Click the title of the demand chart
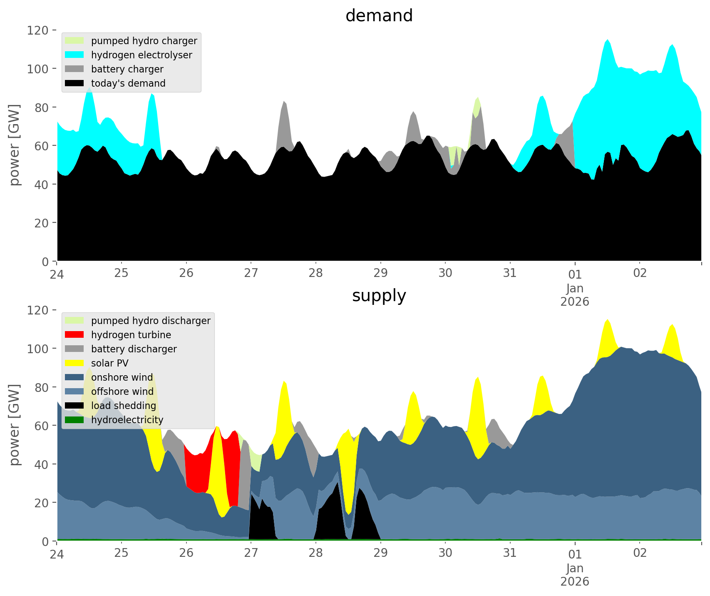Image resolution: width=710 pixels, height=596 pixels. coord(379,16)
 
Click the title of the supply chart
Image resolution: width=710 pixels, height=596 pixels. coord(379,296)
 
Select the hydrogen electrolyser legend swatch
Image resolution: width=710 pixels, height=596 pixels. coord(75,55)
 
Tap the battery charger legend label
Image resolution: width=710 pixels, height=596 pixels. coord(127,69)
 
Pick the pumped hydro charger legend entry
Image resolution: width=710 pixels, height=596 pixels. coord(144,41)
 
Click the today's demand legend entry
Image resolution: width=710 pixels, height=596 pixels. coord(128,83)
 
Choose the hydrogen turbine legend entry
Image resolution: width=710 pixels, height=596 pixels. coord(131,335)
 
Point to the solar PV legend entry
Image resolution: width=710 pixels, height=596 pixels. coord(109,363)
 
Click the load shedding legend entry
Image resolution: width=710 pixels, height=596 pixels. coord(123,406)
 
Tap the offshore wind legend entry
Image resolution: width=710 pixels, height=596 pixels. coord(122,392)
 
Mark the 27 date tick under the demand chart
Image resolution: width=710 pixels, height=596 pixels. coord(251,273)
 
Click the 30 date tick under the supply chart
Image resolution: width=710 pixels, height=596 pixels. coord(445,553)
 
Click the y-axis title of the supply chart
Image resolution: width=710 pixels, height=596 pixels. coord(15,425)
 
